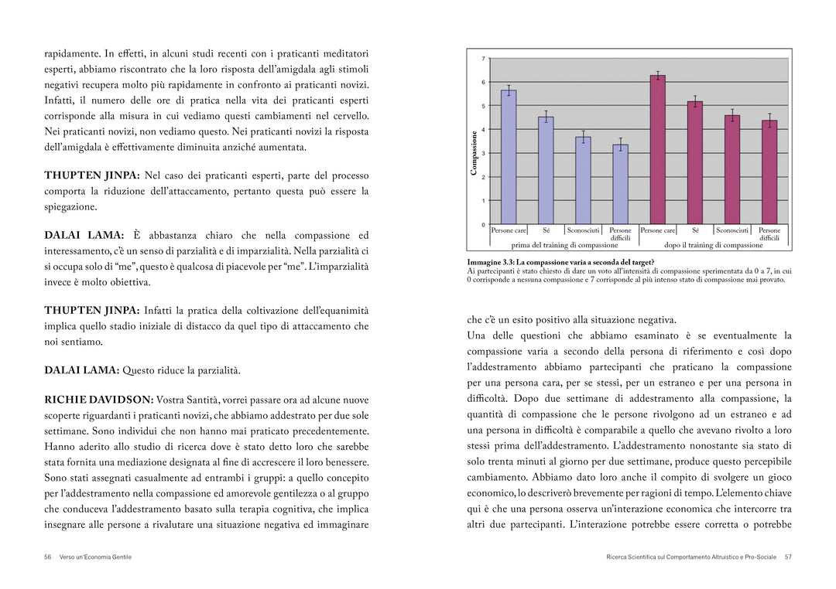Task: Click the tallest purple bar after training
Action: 657,150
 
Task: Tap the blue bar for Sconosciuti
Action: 583,180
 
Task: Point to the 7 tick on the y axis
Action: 484,59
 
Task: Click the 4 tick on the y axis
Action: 484,130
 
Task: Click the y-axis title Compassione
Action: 474,153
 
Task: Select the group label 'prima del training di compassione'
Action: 553,245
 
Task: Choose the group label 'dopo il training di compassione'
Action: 713,245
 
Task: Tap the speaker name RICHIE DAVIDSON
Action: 98,400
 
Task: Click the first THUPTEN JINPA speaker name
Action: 91,175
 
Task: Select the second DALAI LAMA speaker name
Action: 81,370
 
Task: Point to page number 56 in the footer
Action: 48,557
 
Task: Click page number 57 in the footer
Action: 788,557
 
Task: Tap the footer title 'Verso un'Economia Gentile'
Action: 95,557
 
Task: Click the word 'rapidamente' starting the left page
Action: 72,54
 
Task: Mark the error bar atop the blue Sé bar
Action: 546,117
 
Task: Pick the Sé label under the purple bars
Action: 695,230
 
